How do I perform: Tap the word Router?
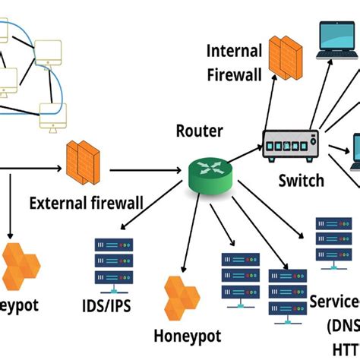click(200, 131)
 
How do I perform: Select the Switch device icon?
click(291, 145)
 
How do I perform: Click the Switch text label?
click(301, 181)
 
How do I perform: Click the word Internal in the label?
click(234, 52)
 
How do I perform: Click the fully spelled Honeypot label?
click(187, 336)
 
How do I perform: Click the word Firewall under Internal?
click(235, 74)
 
